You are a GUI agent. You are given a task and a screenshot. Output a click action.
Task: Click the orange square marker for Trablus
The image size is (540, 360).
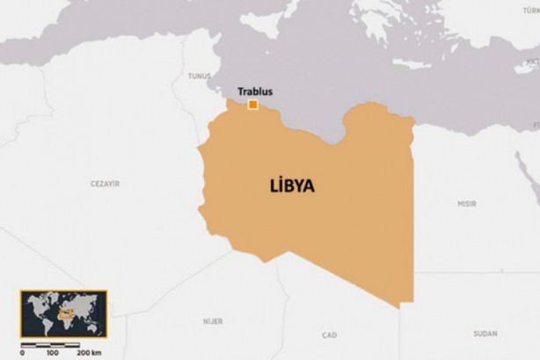pos(252,105)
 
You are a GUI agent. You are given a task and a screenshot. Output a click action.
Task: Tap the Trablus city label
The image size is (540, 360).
pos(254,91)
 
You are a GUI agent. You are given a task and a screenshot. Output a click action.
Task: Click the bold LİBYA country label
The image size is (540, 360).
pos(292,186)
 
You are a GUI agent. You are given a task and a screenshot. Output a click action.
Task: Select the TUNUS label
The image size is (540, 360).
pos(200,77)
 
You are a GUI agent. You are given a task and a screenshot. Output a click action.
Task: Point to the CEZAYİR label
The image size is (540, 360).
pos(105,183)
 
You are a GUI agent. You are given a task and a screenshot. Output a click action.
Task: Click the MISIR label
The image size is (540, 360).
pos(466,203)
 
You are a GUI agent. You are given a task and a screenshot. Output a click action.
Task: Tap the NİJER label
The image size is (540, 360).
pos(213,321)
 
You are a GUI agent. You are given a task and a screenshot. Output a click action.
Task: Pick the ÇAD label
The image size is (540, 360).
pos(330,334)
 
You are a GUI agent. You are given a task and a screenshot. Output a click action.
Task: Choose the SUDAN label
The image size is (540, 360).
pos(485,334)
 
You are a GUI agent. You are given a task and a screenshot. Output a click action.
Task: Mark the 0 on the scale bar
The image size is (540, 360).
pos(22,353)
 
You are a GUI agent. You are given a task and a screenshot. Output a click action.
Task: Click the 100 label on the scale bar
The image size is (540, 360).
pos(52,353)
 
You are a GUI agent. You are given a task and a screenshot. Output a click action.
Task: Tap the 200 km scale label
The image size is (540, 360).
pos(88,353)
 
